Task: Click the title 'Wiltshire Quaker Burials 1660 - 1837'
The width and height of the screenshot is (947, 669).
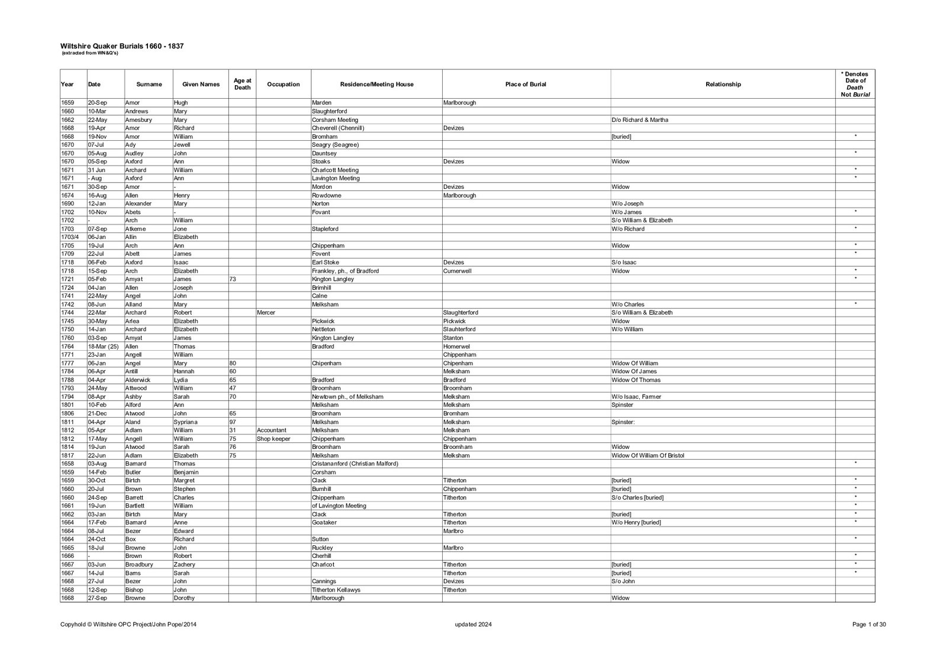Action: click(121, 46)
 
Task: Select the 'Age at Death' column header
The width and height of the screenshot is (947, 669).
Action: click(242, 84)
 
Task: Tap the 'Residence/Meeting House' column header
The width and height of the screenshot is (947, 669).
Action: click(376, 84)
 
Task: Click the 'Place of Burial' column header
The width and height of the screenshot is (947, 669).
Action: click(526, 84)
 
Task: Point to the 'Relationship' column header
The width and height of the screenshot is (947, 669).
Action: click(723, 84)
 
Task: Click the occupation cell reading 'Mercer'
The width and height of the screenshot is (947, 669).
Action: click(266, 312)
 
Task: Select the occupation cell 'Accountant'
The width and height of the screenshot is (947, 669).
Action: click(272, 430)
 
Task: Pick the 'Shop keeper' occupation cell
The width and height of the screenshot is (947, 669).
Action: click(273, 439)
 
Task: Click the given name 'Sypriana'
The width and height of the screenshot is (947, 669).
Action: click(186, 422)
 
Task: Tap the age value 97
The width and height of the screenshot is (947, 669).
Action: click(233, 422)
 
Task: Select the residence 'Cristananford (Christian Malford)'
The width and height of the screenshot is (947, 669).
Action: click(355, 464)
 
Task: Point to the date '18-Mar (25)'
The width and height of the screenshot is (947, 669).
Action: click(104, 346)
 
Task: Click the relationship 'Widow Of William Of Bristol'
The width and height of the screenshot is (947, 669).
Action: click(648, 455)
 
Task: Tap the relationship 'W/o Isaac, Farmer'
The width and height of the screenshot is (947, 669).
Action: click(636, 396)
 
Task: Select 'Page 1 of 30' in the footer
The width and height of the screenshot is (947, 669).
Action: click(869, 625)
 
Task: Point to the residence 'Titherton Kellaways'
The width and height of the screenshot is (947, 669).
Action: click(336, 590)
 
